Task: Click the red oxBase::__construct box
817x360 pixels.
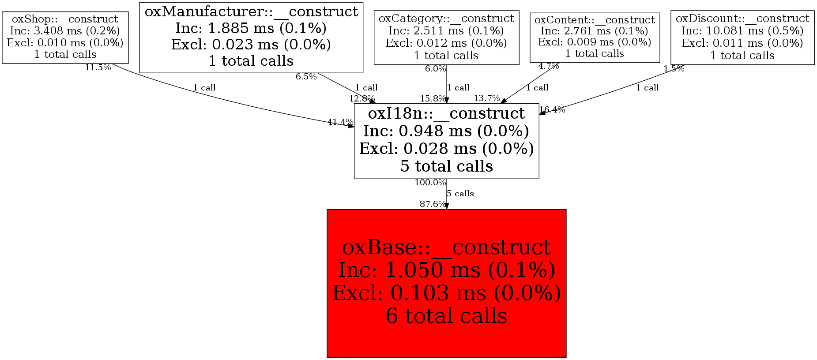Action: (446, 283)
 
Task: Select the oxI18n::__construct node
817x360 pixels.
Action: (446, 141)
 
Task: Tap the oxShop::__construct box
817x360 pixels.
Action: (65, 37)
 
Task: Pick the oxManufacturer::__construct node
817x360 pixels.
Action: (251, 37)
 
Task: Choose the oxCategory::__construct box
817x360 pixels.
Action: (446, 37)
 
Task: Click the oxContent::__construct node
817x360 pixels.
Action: (595, 37)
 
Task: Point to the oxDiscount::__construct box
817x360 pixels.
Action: (742, 37)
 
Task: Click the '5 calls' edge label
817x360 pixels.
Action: (460, 194)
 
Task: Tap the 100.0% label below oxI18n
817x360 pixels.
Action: (430, 182)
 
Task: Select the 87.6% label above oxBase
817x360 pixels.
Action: (433, 204)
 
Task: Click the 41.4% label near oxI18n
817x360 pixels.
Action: (340, 122)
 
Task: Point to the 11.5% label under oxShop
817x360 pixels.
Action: (98, 67)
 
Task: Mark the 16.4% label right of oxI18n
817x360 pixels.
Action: (552, 110)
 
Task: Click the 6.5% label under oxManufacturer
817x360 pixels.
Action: (306, 77)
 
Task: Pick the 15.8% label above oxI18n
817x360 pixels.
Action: (433, 98)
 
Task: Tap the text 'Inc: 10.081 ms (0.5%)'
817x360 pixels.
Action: (742, 31)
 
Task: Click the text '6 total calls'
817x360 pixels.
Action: (446, 316)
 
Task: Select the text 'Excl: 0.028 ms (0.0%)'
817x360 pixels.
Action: (446, 149)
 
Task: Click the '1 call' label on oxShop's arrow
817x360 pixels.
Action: (204, 88)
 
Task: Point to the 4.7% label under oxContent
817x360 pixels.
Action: (549, 66)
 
